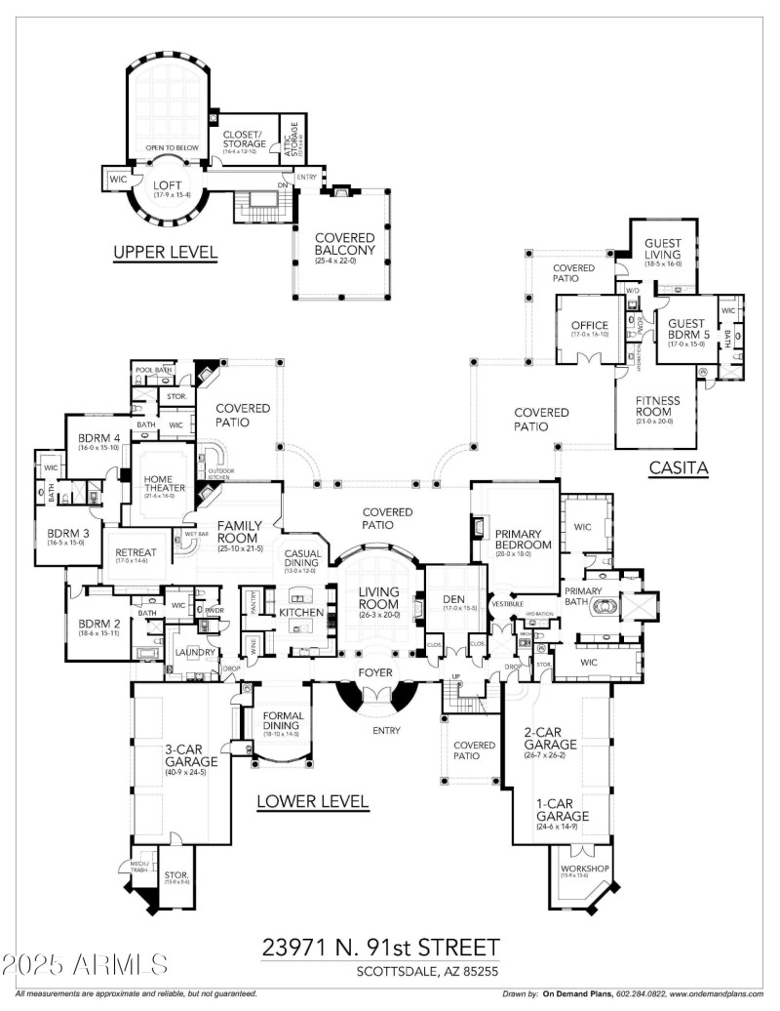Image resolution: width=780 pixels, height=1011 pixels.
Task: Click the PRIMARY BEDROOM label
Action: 525,540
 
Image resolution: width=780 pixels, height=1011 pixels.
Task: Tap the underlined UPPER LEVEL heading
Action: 165,253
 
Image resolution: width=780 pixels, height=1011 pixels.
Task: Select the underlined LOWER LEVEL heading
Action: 312,802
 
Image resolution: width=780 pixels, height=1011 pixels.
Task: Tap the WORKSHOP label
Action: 585,868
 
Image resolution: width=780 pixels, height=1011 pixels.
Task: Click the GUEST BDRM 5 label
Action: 684,330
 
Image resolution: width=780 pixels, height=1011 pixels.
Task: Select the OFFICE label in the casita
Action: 590,326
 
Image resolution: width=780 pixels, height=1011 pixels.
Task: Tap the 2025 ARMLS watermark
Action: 85,965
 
